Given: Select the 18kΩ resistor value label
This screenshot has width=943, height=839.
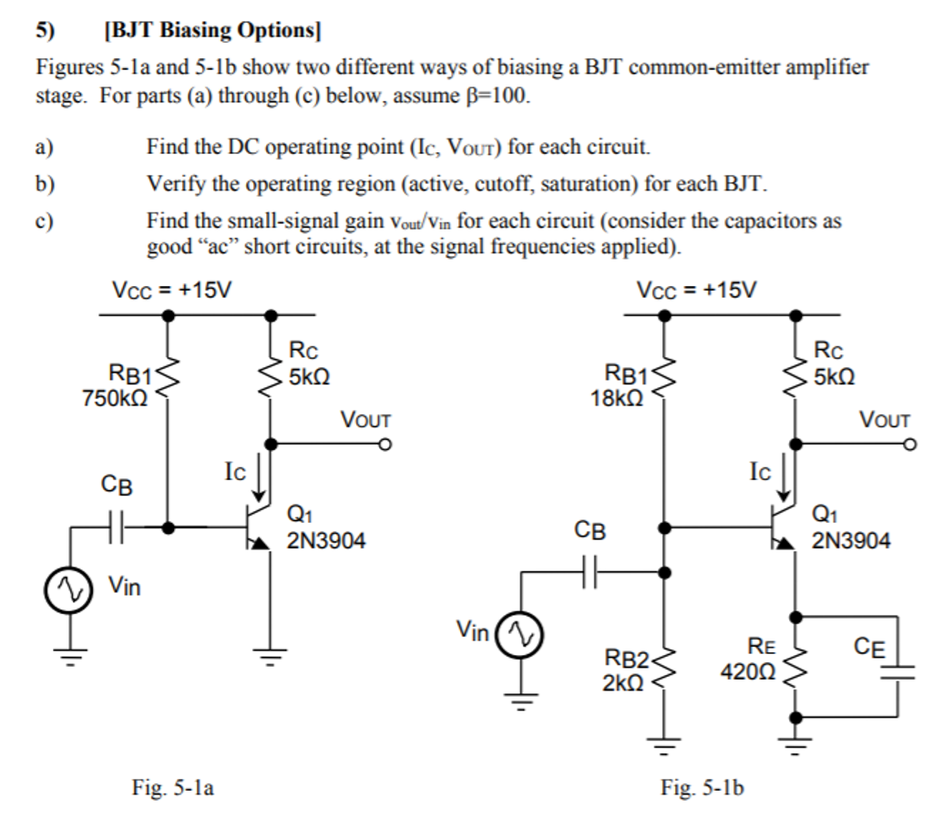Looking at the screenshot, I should [x=618, y=397].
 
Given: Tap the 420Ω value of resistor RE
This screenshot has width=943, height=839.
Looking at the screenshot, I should [x=747, y=672].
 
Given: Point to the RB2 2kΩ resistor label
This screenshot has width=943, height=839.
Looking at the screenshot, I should [x=626, y=671].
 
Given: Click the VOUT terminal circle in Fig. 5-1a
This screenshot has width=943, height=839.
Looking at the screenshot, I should [x=385, y=445].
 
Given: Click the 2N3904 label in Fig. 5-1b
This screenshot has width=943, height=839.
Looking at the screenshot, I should [x=851, y=541].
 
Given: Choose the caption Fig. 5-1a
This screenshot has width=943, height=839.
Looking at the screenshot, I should [x=173, y=788].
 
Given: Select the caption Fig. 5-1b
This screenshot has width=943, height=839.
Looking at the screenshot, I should [x=702, y=788].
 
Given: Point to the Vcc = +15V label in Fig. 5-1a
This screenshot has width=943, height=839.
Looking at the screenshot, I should [x=170, y=290].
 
